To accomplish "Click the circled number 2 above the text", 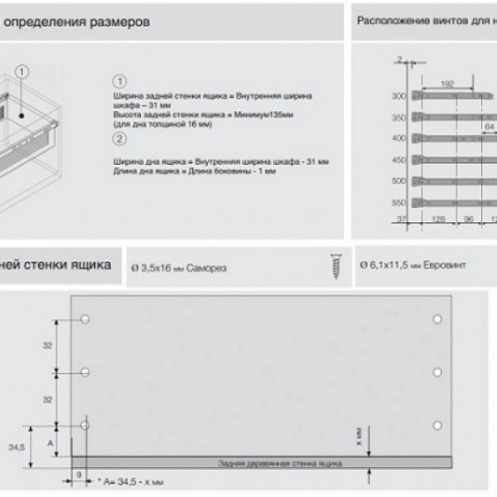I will pyautogui.click(x=118, y=140).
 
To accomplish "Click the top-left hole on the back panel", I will pyautogui.click(x=85, y=321).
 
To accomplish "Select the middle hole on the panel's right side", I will pyautogui.click(x=437, y=373).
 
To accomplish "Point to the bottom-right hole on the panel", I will pyautogui.click(x=437, y=425).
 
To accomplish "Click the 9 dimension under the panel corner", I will pyautogui.click(x=78, y=475).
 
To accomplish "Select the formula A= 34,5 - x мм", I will pyautogui.click(x=132, y=483).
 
